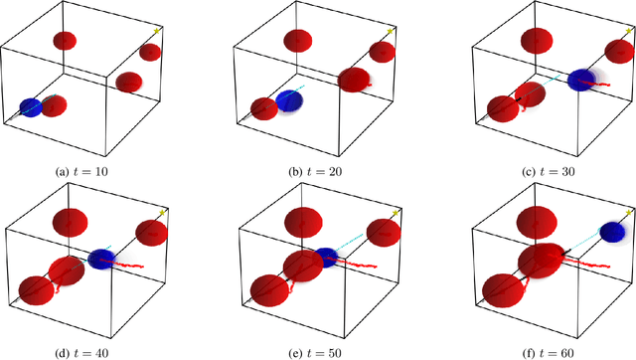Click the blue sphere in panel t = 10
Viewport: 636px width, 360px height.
31,105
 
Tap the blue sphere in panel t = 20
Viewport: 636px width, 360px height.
289,99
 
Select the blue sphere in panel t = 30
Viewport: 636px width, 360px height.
579,81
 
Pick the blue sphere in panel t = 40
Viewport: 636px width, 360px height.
100,260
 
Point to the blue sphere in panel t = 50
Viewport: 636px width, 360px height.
326,257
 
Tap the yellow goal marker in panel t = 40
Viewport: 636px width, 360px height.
162,211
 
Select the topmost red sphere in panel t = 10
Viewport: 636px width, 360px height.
65,41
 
